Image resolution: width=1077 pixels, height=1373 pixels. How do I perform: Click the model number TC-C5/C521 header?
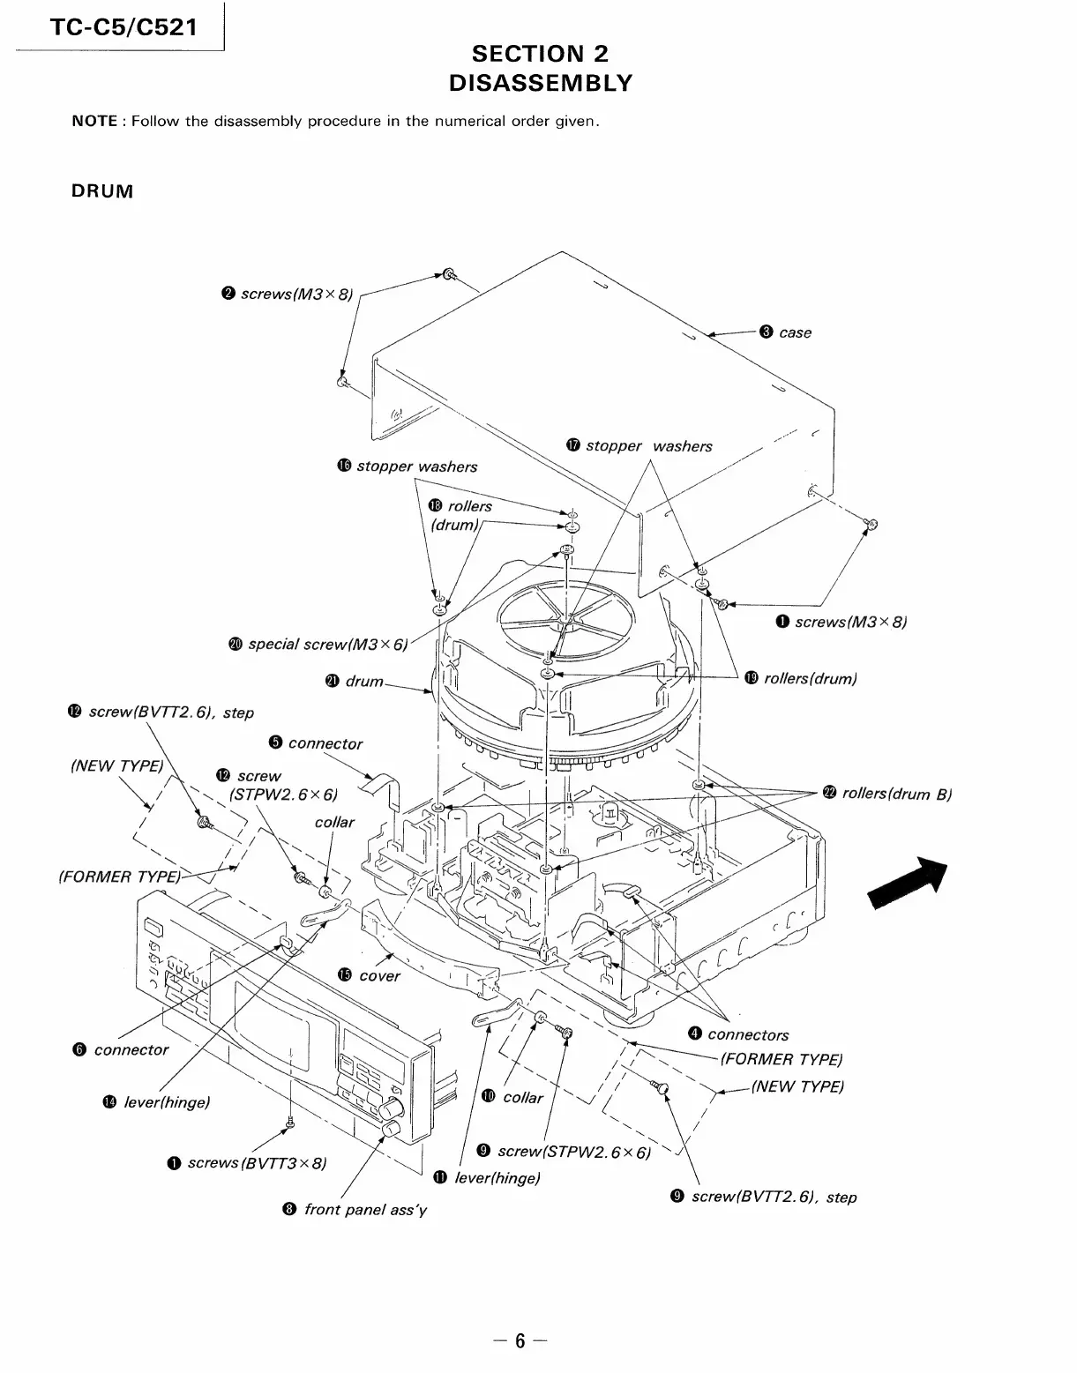[x=123, y=28]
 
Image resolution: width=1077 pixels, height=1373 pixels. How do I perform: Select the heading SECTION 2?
[x=540, y=54]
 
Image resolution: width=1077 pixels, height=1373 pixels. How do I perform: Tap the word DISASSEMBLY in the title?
[x=540, y=83]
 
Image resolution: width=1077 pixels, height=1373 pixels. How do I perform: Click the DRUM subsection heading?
[x=102, y=191]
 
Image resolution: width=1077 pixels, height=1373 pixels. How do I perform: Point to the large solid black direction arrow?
[x=909, y=882]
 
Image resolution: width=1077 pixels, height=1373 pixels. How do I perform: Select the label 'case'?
[x=795, y=332]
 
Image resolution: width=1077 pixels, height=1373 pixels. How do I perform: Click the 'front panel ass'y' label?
[x=363, y=1210]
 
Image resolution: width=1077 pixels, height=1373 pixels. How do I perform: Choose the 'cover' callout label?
[x=379, y=976]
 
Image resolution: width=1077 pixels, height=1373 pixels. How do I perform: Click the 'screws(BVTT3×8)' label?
[x=256, y=1163]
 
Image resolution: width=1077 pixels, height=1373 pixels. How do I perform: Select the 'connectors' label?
[x=747, y=1035]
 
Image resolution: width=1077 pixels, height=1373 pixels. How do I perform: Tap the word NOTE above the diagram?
[x=94, y=122]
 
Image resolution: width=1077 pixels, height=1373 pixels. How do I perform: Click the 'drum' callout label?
[x=363, y=681]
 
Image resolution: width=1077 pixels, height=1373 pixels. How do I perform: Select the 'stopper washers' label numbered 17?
[x=648, y=446]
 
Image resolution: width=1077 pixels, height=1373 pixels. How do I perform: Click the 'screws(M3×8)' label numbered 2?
[x=295, y=294]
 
